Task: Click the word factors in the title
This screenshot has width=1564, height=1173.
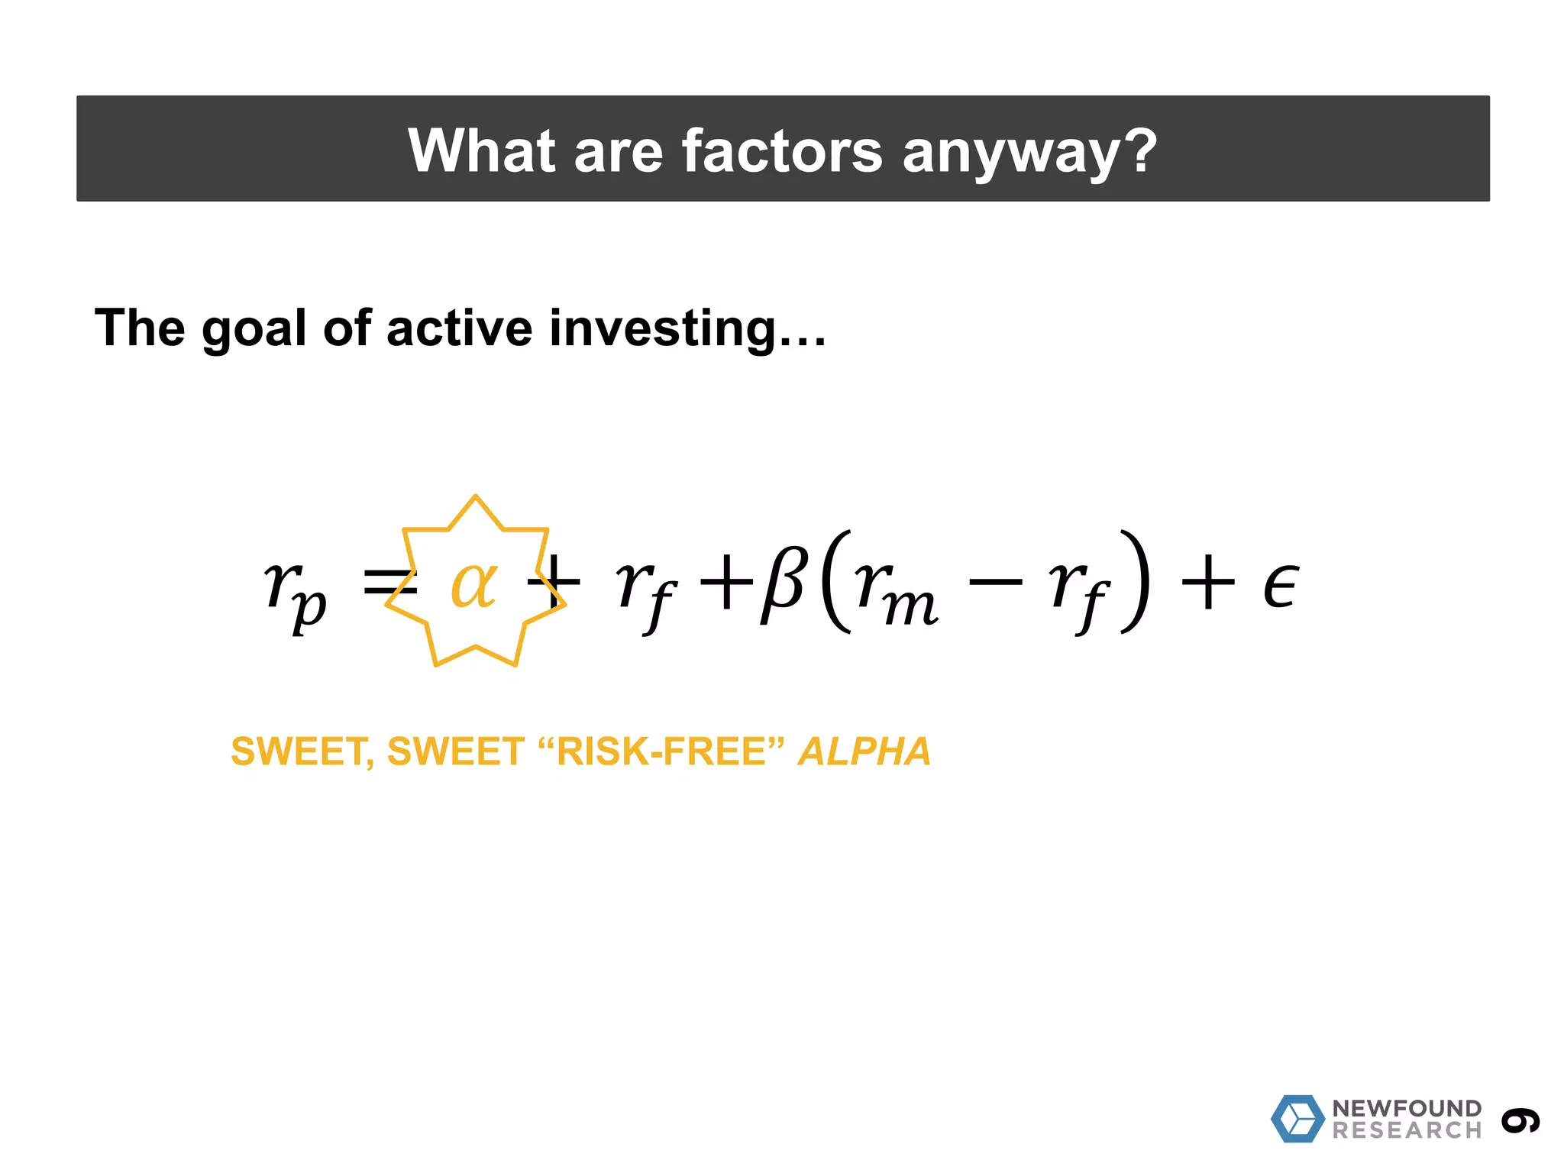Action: pyautogui.click(x=781, y=150)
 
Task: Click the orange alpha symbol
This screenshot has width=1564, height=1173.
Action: pyautogui.click(x=474, y=584)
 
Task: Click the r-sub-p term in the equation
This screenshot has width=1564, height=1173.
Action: pyautogui.click(x=295, y=592)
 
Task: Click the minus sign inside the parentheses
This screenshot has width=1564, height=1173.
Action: pyautogui.click(x=995, y=583)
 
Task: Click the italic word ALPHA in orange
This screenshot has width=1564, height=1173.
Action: pyautogui.click(x=864, y=751)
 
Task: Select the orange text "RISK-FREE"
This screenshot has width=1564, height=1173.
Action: pyautogui.click(x=661, y=751)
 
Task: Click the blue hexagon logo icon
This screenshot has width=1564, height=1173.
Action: pyautogui.click(x=1297, y=1118)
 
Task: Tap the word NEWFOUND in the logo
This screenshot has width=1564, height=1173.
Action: pyautogui.click(x=1407, y=1108)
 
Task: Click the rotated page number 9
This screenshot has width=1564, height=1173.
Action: pyautogui.click(x=1520, y=1120)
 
